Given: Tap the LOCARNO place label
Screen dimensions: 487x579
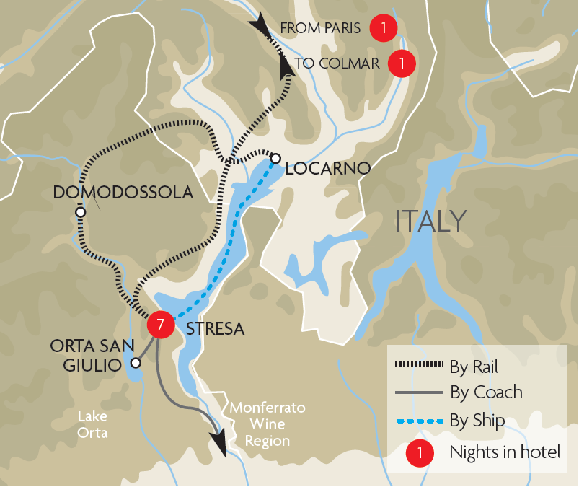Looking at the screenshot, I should (x=328, y=169).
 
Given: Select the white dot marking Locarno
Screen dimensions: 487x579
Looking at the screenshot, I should (x=275, y=158).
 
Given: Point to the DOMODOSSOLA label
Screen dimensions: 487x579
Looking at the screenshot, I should (x=123, y=193).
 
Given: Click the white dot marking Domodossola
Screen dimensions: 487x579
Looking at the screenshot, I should (x=80, y=213).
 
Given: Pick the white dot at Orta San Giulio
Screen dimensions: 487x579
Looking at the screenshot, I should (x=135, y=363).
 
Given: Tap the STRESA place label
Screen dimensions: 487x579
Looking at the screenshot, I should (x=216, y=329).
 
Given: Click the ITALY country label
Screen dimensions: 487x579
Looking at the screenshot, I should (x=431, y=221).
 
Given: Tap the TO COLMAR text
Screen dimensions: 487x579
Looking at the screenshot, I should (x=337, y=63).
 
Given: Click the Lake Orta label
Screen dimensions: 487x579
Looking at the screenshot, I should (x=93, y=424).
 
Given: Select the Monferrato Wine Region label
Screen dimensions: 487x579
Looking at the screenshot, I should (x=268, y=424).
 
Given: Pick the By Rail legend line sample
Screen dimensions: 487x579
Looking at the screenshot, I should (x=417, y=367).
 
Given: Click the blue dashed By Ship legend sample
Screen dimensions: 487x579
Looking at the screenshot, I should (x=417, y=419).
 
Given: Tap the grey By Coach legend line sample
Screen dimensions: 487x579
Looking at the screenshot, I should (x=417, y=393).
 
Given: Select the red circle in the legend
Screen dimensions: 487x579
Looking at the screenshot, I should (x=420, y=453).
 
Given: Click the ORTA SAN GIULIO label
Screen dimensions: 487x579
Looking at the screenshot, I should (x=85, y=356).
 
